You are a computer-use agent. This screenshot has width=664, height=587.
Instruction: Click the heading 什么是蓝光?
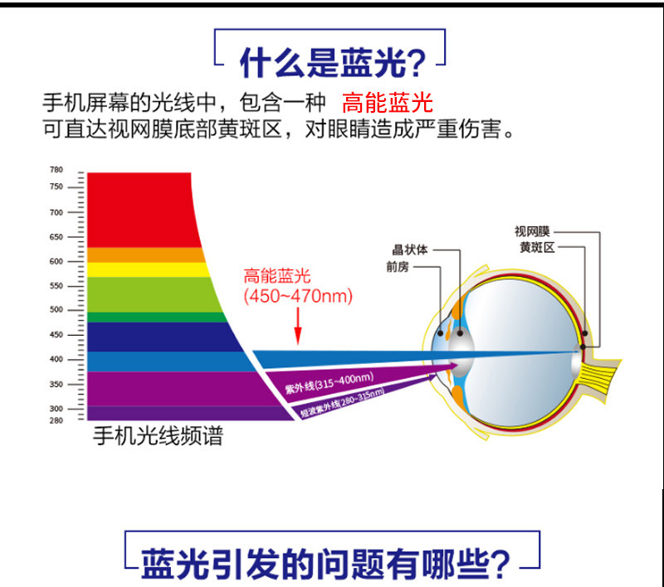click(x=333, y=62)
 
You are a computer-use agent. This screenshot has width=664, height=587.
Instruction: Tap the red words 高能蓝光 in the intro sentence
click(x=388, y=103)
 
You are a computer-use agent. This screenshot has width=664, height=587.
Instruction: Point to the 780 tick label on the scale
click(x=56, y=170)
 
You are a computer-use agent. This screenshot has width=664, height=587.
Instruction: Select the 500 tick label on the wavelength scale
click(x=56, y=309)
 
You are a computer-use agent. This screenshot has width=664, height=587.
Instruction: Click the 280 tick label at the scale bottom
click(x=56, y=420)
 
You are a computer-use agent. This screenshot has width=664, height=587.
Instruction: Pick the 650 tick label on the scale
click(x=56, y=237)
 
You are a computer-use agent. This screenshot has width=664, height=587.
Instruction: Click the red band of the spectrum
click(x=139, y=209)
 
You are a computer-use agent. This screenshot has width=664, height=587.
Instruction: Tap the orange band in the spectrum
click(x=144, y=255)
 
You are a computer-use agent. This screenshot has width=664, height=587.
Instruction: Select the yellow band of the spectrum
click(x=146, y=269)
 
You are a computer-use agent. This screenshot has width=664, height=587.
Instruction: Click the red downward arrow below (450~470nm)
click(x=298, y=326)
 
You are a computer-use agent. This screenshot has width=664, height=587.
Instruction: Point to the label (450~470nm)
click(x=298, y=296)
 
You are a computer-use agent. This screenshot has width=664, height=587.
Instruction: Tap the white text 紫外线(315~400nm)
click(x=330, y=382)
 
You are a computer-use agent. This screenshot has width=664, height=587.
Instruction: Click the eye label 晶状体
click(x=409, y=250)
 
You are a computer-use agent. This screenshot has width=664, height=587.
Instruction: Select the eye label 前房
click(x=398, y=267)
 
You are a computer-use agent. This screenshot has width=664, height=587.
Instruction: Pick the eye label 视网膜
click(x=532, y=231)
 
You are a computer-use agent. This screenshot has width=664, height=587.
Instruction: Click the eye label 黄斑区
click(x=537, y=247)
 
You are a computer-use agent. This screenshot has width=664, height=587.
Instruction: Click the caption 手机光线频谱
click(x=158, y=436)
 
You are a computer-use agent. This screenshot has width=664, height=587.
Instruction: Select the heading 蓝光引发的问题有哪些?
click(x=325, y=564)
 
